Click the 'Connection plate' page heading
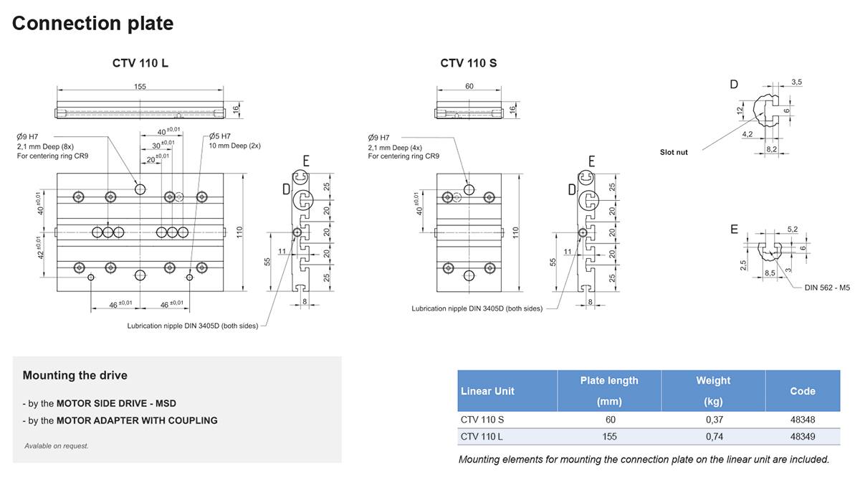[92, 23]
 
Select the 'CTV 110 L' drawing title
[140, 63]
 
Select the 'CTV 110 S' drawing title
[469, 63]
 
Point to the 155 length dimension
[140, 87]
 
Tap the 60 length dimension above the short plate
[469, 87]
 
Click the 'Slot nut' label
[674, 152]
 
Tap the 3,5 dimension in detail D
[796, 82]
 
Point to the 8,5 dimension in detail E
[770, 273]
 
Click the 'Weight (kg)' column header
[713, 391]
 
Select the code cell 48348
[802, 420]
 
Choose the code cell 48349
[802, 437]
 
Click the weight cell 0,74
[713, 437]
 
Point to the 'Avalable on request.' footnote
[57, 446]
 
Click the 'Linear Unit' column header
[487, 391]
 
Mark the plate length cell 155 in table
[609, 437]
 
